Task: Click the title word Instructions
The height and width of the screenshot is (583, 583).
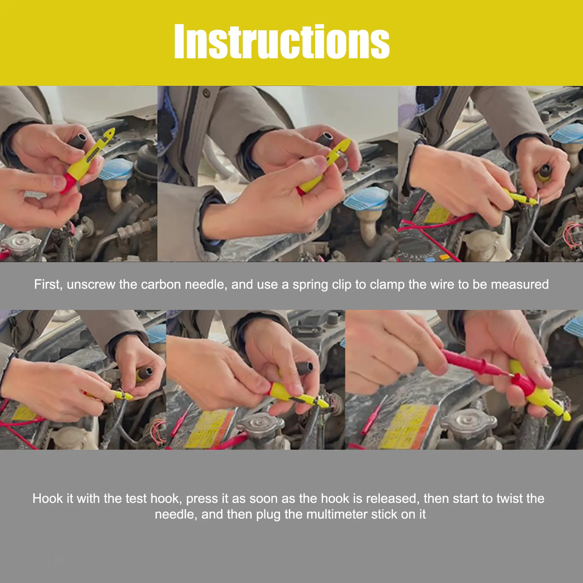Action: [282, 41]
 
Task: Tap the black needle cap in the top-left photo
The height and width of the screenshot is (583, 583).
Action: [79, 140]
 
